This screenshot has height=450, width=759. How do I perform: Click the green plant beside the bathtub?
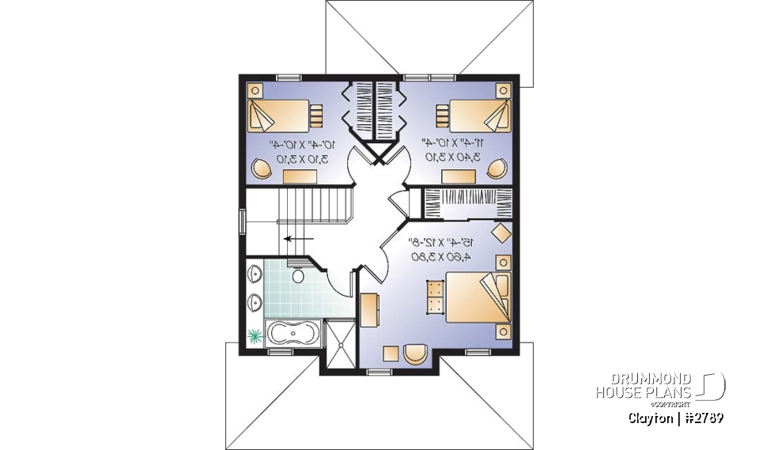point(255,336)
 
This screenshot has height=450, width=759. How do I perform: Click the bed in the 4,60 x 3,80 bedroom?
point(475,297)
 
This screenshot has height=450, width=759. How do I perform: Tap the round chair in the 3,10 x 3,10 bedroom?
point(259,168)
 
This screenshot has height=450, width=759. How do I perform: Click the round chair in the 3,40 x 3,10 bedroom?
point(497,168)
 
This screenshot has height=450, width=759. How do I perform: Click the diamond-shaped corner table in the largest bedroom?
point(500,234)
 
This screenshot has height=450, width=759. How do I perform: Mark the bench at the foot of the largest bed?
point(434,297)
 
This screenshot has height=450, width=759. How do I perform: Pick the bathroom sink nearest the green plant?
point(255,301)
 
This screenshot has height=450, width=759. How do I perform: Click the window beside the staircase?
point(243,221)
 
